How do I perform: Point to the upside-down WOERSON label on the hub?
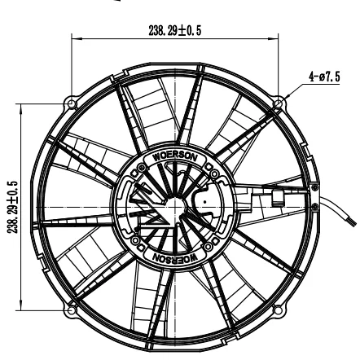point(173,258)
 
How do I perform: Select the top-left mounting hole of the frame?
point(72,103)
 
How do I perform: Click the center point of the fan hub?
point(173,206)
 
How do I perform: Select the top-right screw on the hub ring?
point(211,170)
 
